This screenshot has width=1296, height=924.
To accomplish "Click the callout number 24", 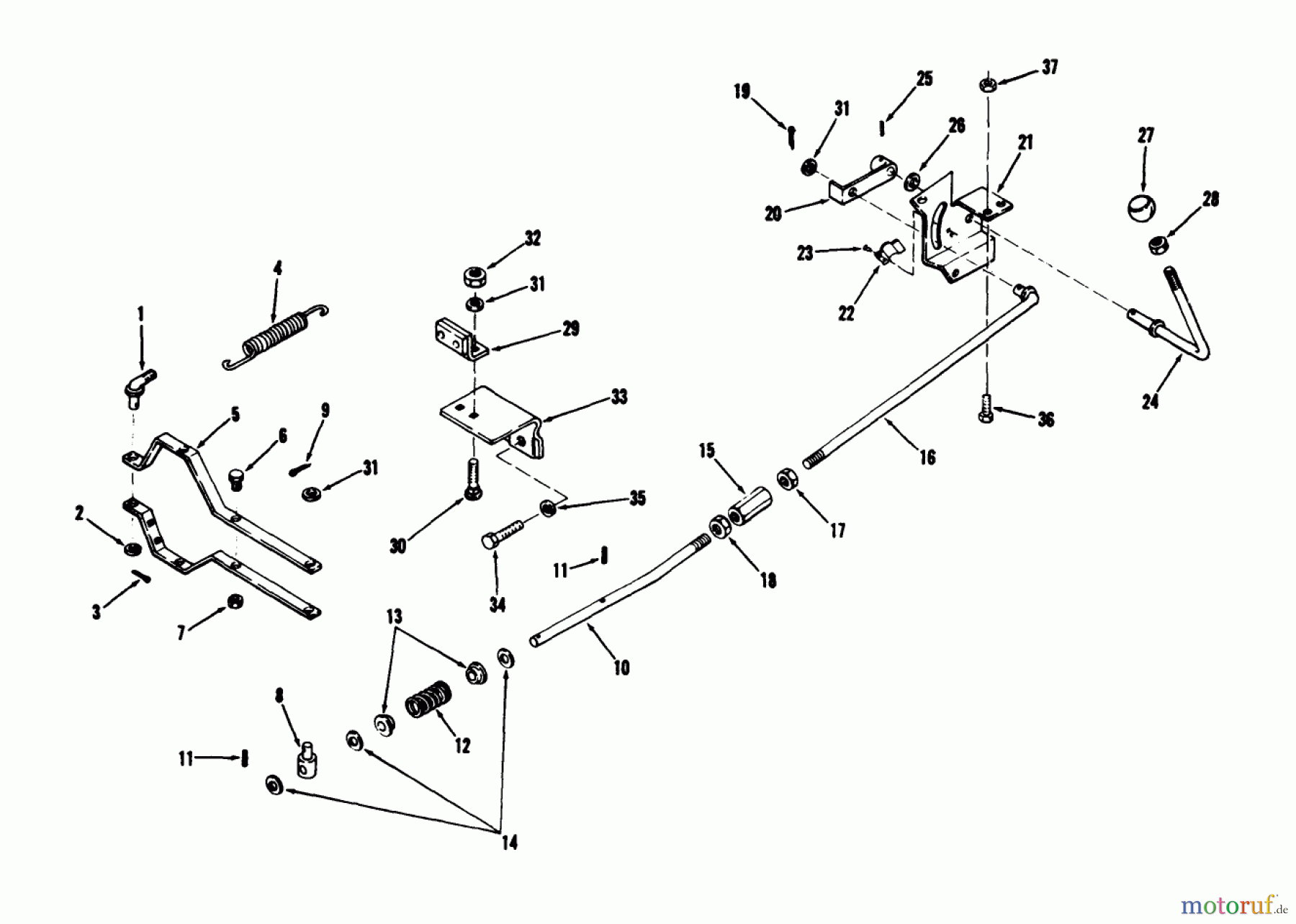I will pos(1150,402).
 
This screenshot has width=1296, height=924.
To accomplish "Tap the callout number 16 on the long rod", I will pos(927,457).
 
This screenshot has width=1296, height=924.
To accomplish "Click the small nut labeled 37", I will pos(987,84).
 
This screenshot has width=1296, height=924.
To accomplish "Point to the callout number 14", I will pos(509,843).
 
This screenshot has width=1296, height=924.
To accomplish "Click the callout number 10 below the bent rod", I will pos(621,668).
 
